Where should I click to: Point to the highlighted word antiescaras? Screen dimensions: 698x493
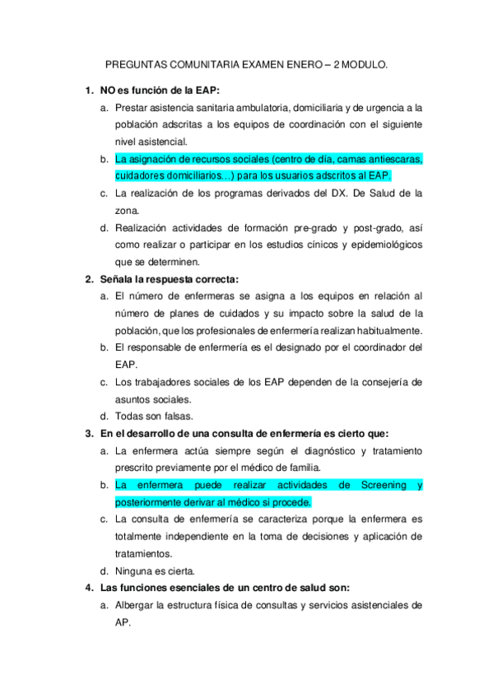pyautogui.click(x=392, y=159)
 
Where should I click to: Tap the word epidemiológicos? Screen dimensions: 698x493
pyautogui.click(x=382, y=244)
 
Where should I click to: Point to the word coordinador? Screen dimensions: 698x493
pyautogui.click(x=369, y=347)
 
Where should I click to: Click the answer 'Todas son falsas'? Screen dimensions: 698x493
pyautogui.click(x=154, y=416)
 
